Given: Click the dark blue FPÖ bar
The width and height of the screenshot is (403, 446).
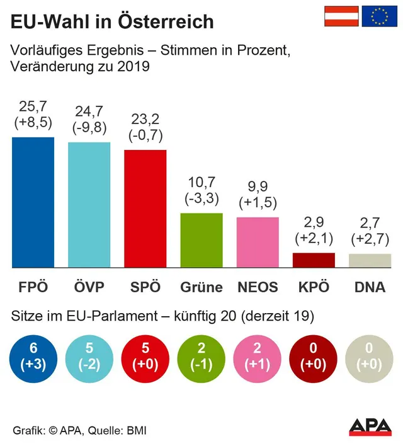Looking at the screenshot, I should click(x=33, y=202).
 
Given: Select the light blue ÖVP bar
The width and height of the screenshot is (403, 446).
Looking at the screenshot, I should click(x=89, y=204).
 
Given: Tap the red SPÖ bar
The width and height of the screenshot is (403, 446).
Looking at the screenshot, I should click(x=145, y=208).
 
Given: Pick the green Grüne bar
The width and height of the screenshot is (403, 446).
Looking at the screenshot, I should click(x=201, y=240).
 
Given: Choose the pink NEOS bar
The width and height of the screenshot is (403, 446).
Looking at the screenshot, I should click(x=258, y=242).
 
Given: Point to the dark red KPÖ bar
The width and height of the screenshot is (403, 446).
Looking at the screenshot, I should click(x=314, y=260).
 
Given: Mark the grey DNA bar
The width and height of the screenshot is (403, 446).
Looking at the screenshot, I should click(x=370, y=260).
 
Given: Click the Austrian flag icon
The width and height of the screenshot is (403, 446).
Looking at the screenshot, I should click(x=341, y=16).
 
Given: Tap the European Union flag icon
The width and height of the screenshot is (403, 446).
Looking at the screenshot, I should click(x=379, y=16).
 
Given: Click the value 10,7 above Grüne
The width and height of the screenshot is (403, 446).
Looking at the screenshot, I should click(x=201, y=183).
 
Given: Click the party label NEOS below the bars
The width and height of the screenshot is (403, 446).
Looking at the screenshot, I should click(x=258, y=287).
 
